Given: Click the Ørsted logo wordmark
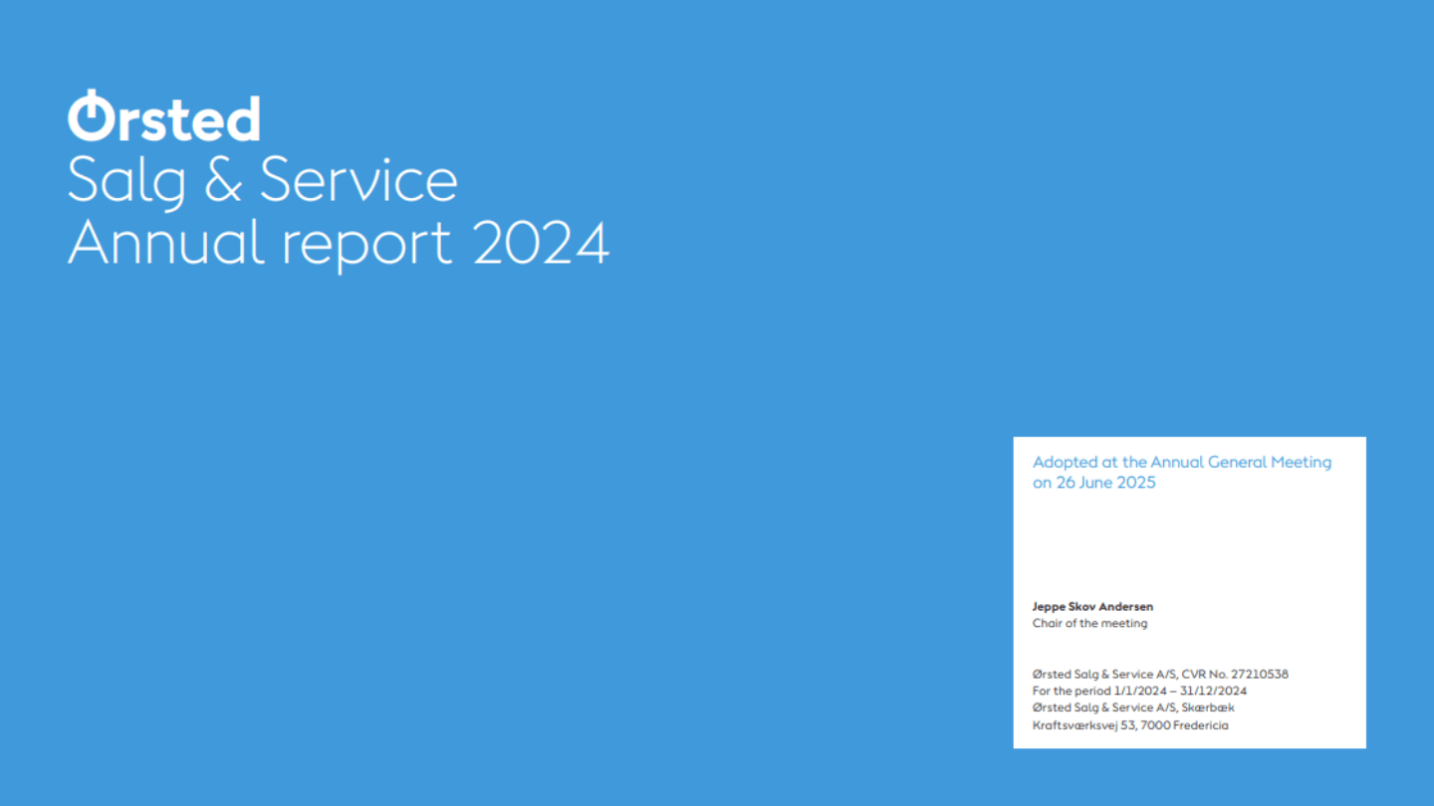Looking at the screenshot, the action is click(164, 115).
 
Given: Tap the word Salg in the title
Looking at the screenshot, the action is click(126, 182).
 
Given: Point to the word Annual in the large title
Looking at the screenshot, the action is click(165, 242).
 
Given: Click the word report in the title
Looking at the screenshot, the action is click(366, 247).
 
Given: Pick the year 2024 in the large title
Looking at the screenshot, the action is click(541, 243).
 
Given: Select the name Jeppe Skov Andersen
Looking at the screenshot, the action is click(1092, 606).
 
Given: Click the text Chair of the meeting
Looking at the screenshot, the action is click(1089, 623).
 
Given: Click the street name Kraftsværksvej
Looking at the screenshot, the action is click(1075, 725).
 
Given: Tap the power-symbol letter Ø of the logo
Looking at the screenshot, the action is click(91, 115).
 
